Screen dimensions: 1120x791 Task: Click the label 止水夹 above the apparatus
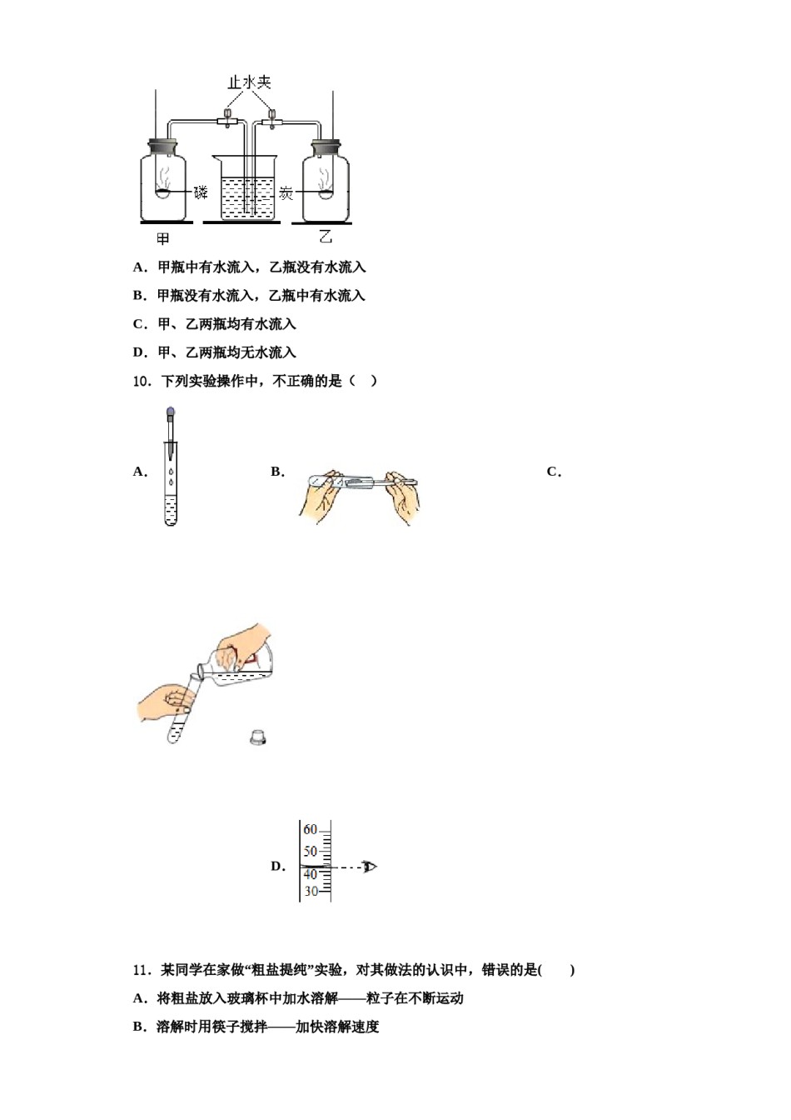tap(250, 82)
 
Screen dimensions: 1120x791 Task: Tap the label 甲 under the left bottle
tap(163, 239)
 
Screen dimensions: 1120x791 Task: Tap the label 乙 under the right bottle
tap(326, 237)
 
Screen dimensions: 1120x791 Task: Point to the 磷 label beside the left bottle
tap(201, 192)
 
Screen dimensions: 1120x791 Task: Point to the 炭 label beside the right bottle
tap(286, 193)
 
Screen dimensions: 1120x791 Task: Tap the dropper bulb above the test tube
tap(171, 412)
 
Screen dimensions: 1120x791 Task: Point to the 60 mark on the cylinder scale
tap(310, 830)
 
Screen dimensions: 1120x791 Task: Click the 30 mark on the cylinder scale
tap(310, 892)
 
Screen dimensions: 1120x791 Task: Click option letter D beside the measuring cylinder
tap(277, 867)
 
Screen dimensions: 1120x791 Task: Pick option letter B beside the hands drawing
tap(277, 472)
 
